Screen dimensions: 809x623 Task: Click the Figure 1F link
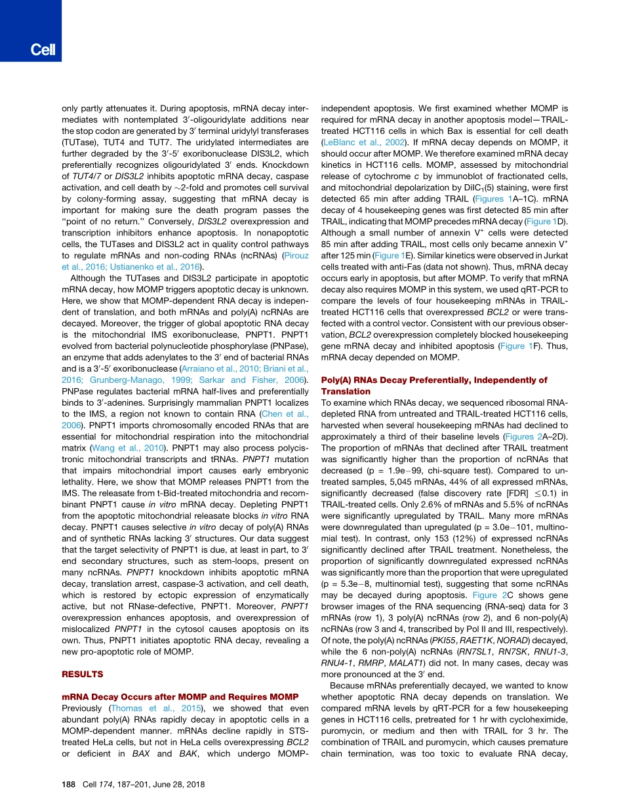pos(515,345)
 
